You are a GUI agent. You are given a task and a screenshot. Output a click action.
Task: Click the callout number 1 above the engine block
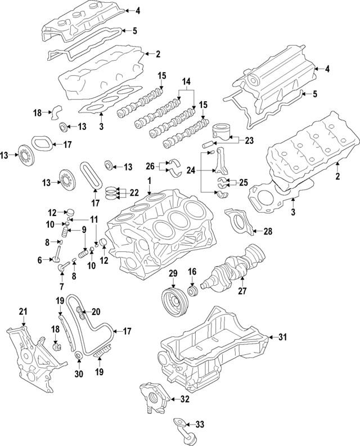coord(150,181)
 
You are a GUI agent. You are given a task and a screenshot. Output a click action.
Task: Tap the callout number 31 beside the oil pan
coord(283,337)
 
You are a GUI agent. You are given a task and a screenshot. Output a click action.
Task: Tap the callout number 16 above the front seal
coord(192,272)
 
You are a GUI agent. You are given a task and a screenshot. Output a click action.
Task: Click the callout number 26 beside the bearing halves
coord(149,166)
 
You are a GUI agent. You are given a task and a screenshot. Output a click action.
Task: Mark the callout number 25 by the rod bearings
coord(244,183)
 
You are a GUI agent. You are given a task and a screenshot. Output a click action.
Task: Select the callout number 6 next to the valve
coord(40,260)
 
